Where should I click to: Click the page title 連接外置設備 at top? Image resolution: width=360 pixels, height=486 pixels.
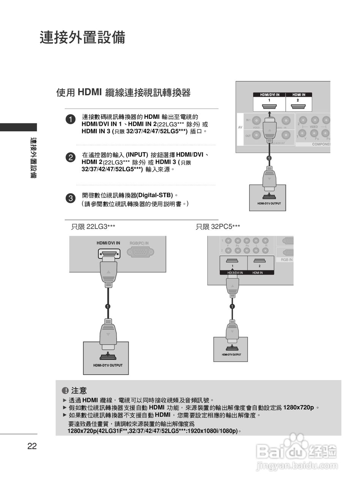click(x=82, y=38)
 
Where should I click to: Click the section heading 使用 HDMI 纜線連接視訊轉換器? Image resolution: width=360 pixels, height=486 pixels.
click(x=123, y=92)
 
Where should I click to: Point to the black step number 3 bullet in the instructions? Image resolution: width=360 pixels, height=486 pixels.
click(x=70, y=198)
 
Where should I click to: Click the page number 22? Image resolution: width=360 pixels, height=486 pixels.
click(x=32, y=446)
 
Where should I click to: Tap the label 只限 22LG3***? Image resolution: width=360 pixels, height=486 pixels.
click(x=93, y=227)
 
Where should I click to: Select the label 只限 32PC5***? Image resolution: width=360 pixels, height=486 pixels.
click(x=218, y=227)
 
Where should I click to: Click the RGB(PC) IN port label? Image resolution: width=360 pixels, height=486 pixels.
click(x=139, y=243)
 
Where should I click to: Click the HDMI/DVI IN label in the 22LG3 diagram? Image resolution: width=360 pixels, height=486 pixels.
click(x=108, y=243)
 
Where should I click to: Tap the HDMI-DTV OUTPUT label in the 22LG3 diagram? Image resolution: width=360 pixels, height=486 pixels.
click(x=108, y=365)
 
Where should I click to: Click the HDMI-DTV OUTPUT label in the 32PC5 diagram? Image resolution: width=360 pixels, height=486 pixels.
click(x=231, y=355)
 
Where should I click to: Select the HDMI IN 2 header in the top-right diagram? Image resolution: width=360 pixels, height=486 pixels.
click(x=298, y=95)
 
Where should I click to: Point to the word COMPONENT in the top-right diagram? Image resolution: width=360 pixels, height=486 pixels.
click(x=321, y=144)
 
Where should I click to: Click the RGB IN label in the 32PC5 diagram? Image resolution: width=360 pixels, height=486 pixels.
click(x=287, y=260)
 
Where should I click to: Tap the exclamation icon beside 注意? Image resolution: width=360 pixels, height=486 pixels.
click(x=65, y=390)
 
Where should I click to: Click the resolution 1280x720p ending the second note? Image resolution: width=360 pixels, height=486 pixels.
click(x=299, y=408)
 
